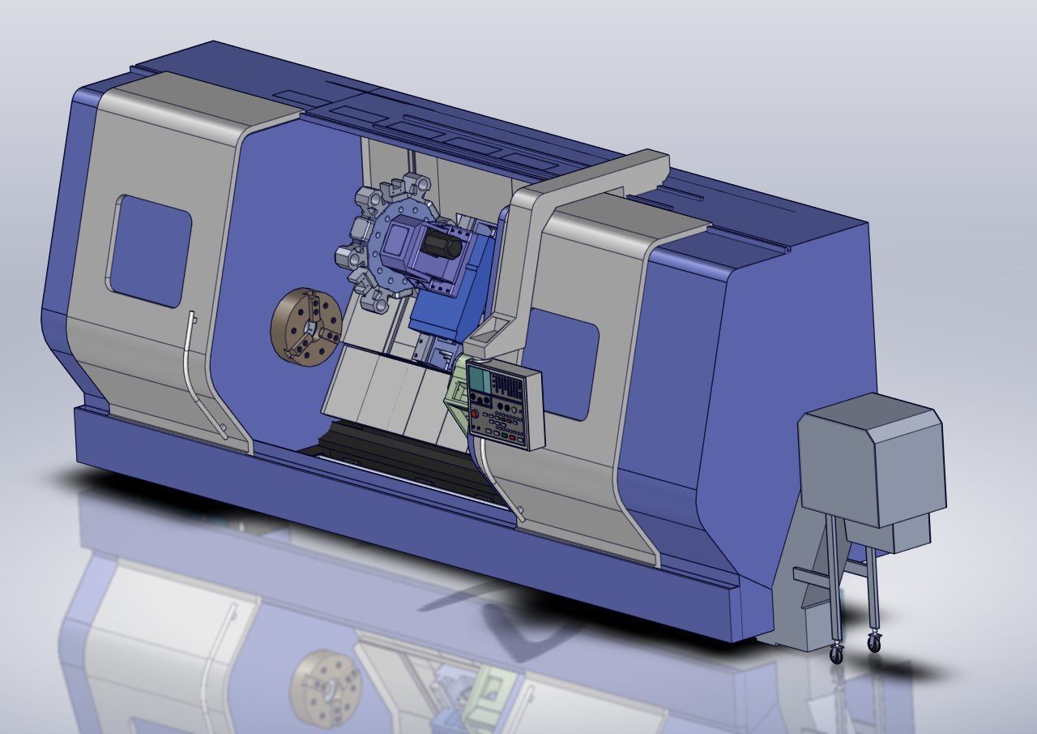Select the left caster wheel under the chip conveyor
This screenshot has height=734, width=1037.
tap(836, 654)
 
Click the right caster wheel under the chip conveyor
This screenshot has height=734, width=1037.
tap(873, 642)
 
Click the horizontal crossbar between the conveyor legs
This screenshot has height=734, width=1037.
tap(812, 577)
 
